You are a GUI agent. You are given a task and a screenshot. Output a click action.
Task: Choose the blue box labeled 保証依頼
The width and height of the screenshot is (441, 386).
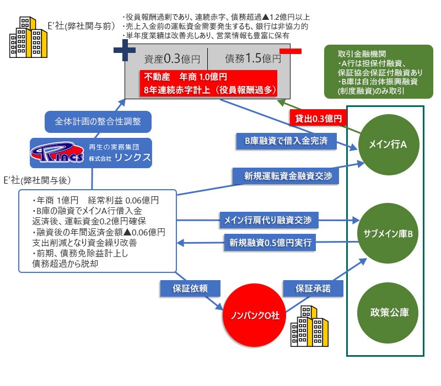(185, 288)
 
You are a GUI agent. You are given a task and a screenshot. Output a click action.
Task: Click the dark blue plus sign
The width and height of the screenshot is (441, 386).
(125, 51)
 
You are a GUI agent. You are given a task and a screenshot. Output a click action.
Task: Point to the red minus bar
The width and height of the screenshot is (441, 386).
(291, 51)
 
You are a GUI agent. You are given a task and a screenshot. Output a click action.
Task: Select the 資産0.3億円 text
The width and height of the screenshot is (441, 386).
(166, 58)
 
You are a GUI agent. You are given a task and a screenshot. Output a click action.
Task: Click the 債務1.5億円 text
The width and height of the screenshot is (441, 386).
(252, 58)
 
